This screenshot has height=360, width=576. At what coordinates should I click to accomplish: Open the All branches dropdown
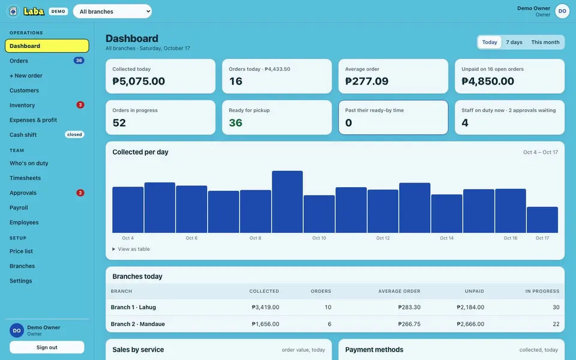(112, 11)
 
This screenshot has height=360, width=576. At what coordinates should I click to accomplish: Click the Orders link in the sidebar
(19, 61)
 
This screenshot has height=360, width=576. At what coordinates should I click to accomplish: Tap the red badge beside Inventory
(80, 104)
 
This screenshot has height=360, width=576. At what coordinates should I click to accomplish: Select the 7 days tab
(514, 42)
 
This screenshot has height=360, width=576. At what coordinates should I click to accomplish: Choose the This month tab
(545, 42)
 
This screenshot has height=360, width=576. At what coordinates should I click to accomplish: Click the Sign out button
(47, 347)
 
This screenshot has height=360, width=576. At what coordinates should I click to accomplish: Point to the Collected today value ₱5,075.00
(139, 81)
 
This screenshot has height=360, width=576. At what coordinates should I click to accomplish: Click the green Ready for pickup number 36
(235, 122)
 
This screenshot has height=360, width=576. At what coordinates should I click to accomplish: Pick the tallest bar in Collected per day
(287, 202)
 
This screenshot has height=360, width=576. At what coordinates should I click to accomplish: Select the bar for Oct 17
(542, 220)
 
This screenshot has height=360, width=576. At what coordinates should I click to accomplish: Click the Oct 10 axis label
(319, 238)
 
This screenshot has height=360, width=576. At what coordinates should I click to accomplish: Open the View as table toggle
(131, 249)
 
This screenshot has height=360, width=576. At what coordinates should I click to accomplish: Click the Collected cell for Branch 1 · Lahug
(265, 307)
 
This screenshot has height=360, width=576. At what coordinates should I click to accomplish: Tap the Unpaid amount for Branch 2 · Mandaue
(470, 324)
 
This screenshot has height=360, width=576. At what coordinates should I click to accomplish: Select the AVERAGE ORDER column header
(400, 292)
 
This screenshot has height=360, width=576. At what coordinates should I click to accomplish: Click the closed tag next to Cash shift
(74, 134)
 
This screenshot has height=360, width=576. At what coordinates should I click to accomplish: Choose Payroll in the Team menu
(19, 208)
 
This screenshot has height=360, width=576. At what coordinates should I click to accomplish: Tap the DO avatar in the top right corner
(562, 11)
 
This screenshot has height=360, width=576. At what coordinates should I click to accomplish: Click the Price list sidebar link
(22, 251)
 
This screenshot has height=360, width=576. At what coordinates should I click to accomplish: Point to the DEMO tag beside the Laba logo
(58, 11)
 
